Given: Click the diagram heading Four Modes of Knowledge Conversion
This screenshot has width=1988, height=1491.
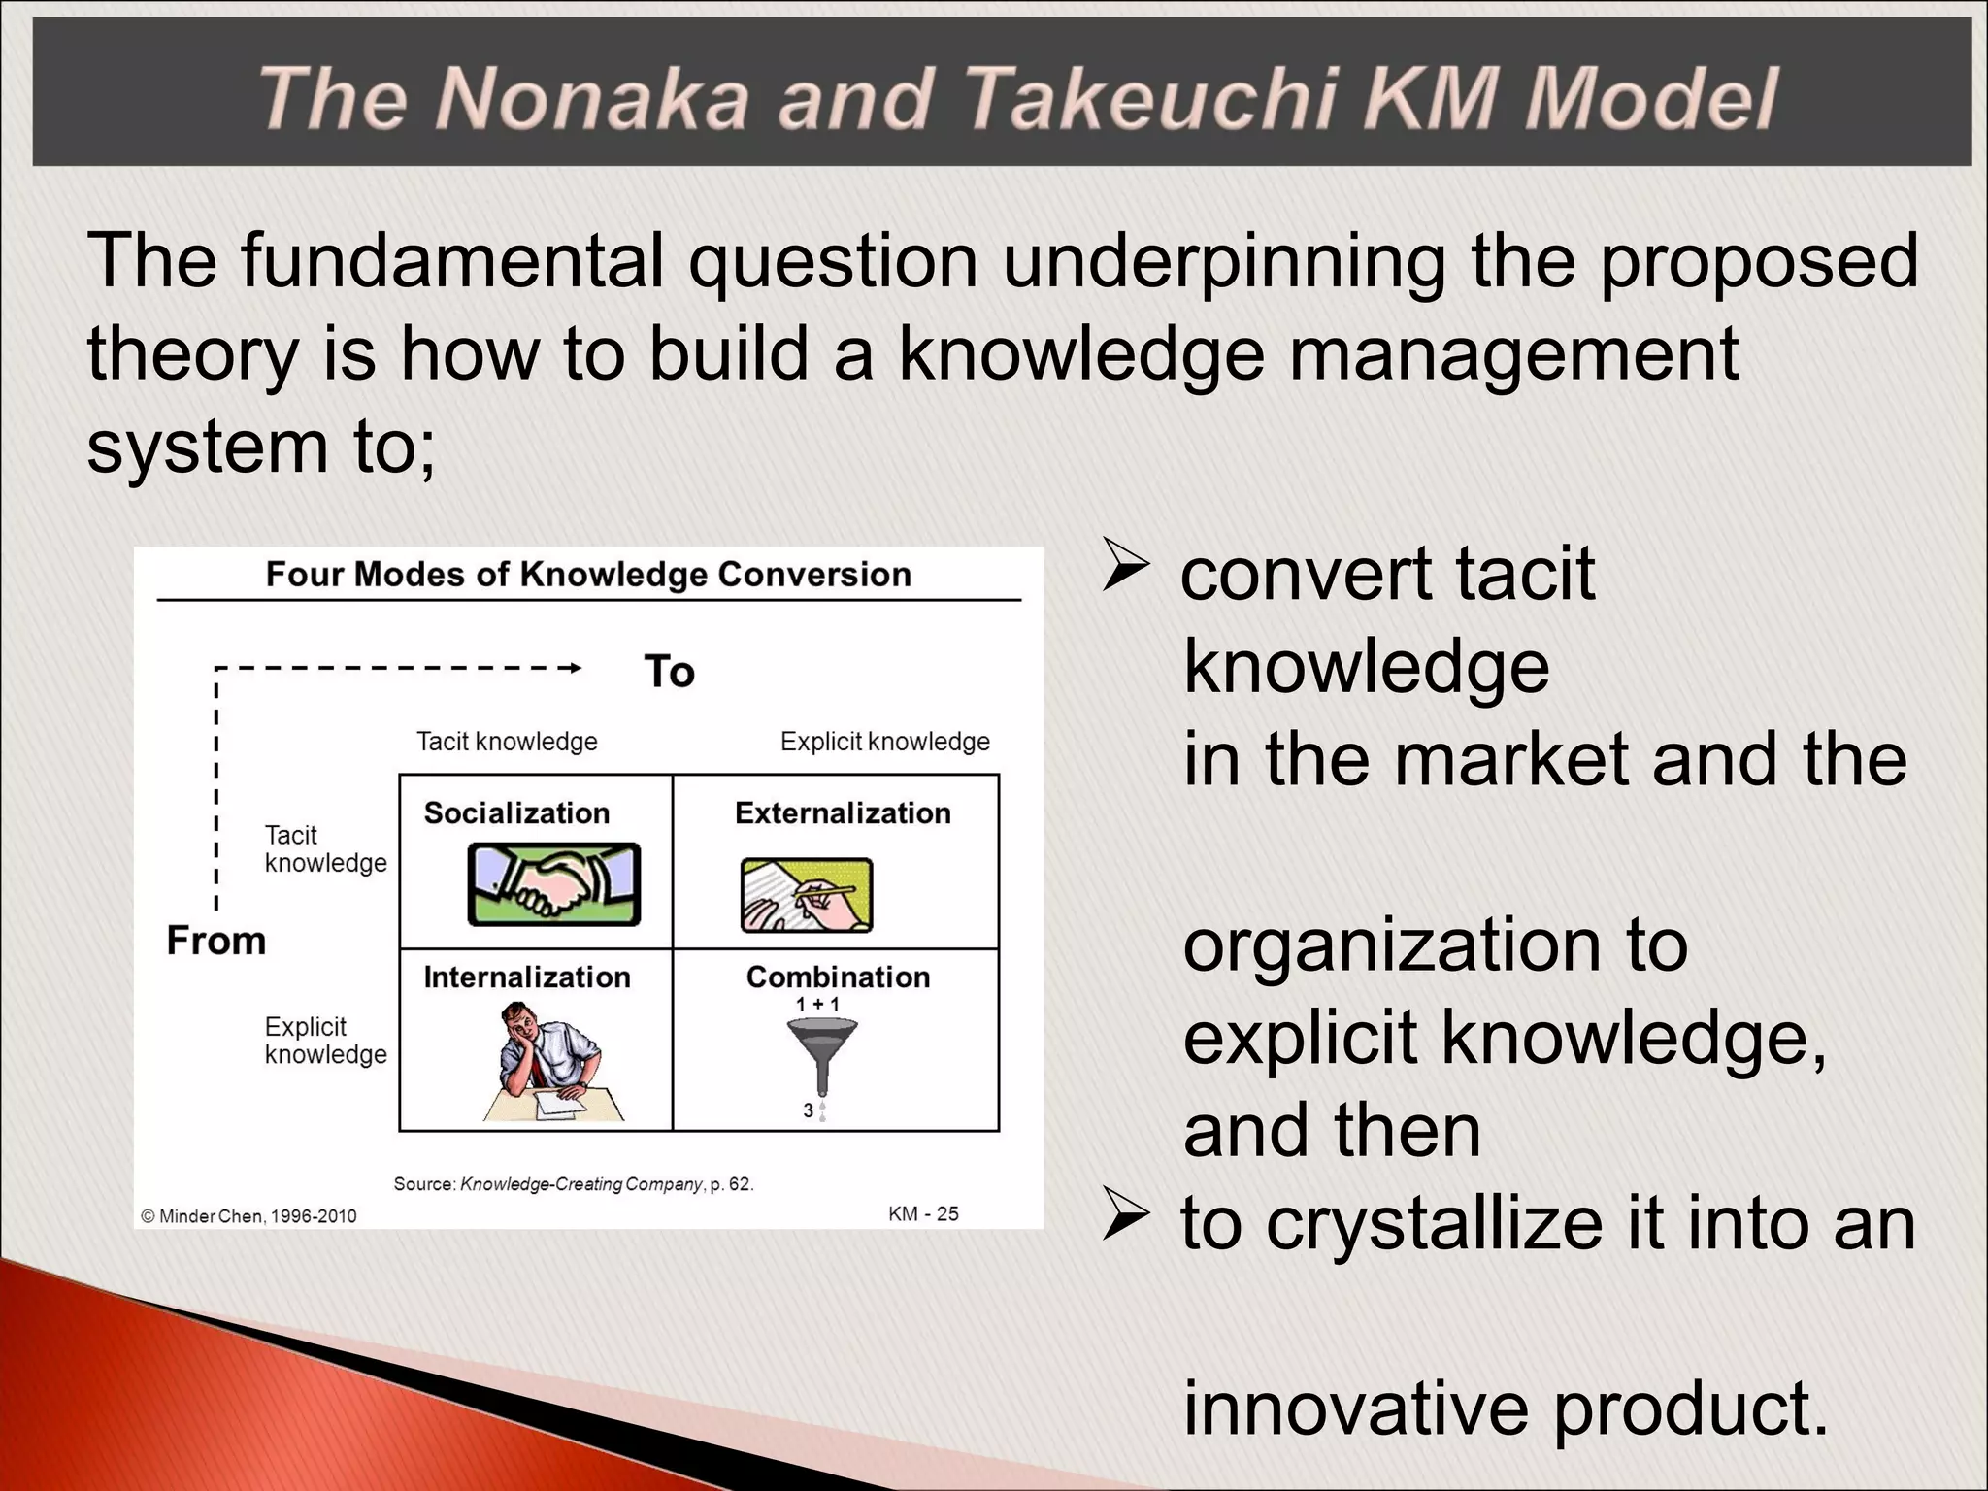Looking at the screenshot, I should (x=588, y=575).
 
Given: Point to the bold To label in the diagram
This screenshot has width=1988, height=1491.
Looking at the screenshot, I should (x=669, y=672).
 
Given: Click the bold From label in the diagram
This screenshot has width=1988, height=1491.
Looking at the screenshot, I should (x=215, y=941).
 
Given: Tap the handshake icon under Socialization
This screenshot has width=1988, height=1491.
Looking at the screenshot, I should (x=554, y=884).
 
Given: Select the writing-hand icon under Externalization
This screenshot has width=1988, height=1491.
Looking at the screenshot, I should (x=806, y=895).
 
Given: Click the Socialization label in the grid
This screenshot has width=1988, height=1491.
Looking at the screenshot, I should (x=516, y=812).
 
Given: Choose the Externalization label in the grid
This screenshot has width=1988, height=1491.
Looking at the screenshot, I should (x=843, y=812).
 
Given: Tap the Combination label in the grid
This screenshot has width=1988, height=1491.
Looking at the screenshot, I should (x=838, y=977).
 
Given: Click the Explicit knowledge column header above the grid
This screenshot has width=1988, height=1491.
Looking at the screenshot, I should (x=884, y=742).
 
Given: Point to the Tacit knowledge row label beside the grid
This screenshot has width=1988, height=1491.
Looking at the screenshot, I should (x=324, y=848).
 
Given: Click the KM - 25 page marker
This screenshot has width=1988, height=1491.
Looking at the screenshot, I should (x=923, y=1213).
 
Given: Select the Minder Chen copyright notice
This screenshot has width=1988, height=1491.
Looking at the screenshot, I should (x=248, y=1216).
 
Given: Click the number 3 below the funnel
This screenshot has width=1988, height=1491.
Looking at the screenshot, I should (x=808, y=1110).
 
